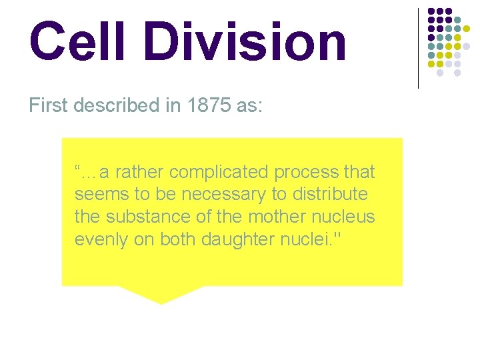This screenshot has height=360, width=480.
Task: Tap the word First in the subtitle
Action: coord(49,106)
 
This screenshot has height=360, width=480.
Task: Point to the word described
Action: coord(128,106)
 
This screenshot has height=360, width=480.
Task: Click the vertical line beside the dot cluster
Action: coord(418,48)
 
